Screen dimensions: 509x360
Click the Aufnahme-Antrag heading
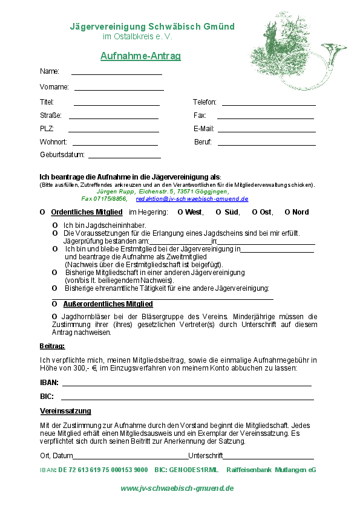click(x=140, y=56)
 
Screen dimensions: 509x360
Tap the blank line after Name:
click(x=116, y=73)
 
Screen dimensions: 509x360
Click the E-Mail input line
click(x=266, y=131)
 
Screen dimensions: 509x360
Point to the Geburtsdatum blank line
click(x=124, y=157)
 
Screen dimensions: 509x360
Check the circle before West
click(x=180, y=212)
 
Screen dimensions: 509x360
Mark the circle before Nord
click(x=287, y=212)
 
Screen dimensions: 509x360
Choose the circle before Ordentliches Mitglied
click(x=42, y=212)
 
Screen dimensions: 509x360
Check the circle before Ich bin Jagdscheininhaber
click(x=55, y=225)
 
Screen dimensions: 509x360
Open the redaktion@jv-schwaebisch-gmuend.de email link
click(x=192, y=198)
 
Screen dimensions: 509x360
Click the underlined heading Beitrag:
click(x=52, y=346)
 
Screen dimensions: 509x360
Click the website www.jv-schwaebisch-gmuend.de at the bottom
click(x=177, y=488)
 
